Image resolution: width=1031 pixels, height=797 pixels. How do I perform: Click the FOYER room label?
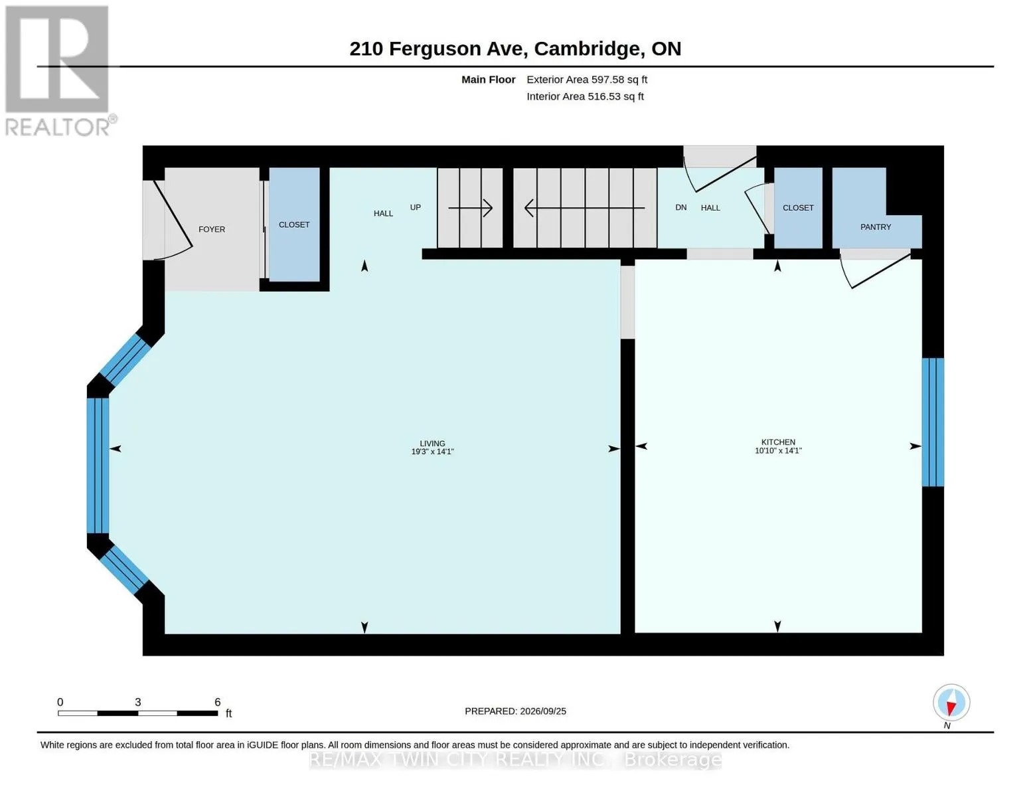(x=212, y=229)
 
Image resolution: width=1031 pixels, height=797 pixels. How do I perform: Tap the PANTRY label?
(x=876, y=227)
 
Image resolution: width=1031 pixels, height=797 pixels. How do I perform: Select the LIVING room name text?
(x=432, y=444)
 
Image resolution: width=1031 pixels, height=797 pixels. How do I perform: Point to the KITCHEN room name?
(x=778, y=442)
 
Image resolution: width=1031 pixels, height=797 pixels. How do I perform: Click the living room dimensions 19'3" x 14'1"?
(x=432, y=452)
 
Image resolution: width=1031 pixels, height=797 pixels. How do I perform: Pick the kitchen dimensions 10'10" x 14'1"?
(x=778, y=450)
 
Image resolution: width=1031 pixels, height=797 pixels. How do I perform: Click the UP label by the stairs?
(x=415, y=207)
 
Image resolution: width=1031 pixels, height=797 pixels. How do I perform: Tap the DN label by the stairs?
(x=681, y=207)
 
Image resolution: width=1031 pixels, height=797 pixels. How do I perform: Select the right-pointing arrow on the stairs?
(x=470, y=208)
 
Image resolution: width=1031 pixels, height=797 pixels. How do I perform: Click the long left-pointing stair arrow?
(x=584, y=208)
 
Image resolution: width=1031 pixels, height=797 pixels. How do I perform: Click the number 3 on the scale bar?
(x=137, y=702)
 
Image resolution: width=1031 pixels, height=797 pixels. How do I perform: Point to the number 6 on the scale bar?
(x=217, y=702)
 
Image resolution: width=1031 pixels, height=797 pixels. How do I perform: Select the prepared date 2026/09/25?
(x=543, y=711)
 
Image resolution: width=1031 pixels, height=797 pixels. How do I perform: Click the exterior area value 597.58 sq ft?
(x=619, y=80)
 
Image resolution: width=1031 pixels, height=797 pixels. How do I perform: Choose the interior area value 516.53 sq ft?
(x=616, y=96)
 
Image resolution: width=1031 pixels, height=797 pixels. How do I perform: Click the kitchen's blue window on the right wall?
(x=933, y=422)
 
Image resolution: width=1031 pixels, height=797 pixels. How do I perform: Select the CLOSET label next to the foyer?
(x=293, y=224)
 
